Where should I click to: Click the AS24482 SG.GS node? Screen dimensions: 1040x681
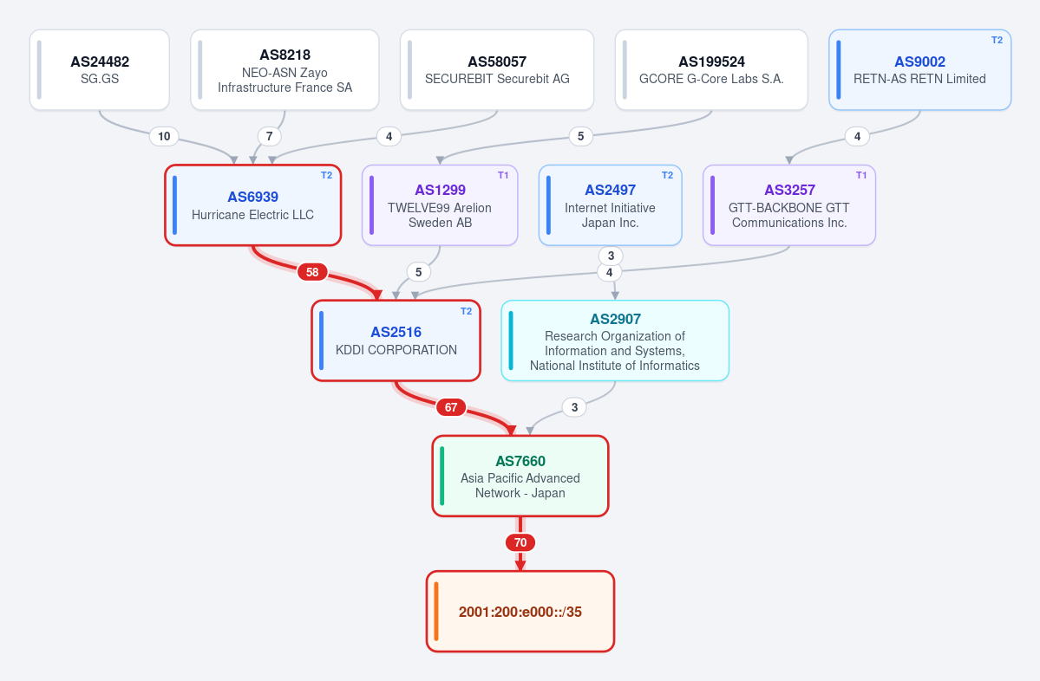[100, 69]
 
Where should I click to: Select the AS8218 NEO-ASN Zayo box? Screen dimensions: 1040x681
[285, 69]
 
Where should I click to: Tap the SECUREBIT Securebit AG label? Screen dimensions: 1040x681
[497, 79]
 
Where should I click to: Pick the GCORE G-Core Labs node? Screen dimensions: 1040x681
[711, 69]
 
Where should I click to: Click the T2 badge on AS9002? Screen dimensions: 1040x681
[997, 41]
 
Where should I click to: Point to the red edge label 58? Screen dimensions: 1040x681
[312, 271]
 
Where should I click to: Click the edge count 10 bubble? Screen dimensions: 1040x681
[164, 137]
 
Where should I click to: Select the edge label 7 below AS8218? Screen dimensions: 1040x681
[269, 137]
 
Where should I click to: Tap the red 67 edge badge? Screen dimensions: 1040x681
[451, 406]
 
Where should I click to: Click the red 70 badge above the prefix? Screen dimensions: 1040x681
[520, 542]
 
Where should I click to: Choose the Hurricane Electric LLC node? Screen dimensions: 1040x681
[252, 205]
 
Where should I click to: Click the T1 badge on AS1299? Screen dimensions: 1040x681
[503, 176]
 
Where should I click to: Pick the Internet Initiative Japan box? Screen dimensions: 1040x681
[610, 205]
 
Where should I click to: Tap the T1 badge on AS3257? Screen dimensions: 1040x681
[861, 176]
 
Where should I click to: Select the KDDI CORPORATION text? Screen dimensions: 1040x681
[396, 350]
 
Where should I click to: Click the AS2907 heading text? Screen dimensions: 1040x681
[616, 320]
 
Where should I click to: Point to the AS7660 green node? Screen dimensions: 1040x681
[520, 476]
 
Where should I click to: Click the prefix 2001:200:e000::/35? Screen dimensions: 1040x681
[520, 612]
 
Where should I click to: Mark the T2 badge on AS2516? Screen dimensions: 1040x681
[467, 311]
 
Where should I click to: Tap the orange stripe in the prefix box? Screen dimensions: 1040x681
[436, 612]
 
